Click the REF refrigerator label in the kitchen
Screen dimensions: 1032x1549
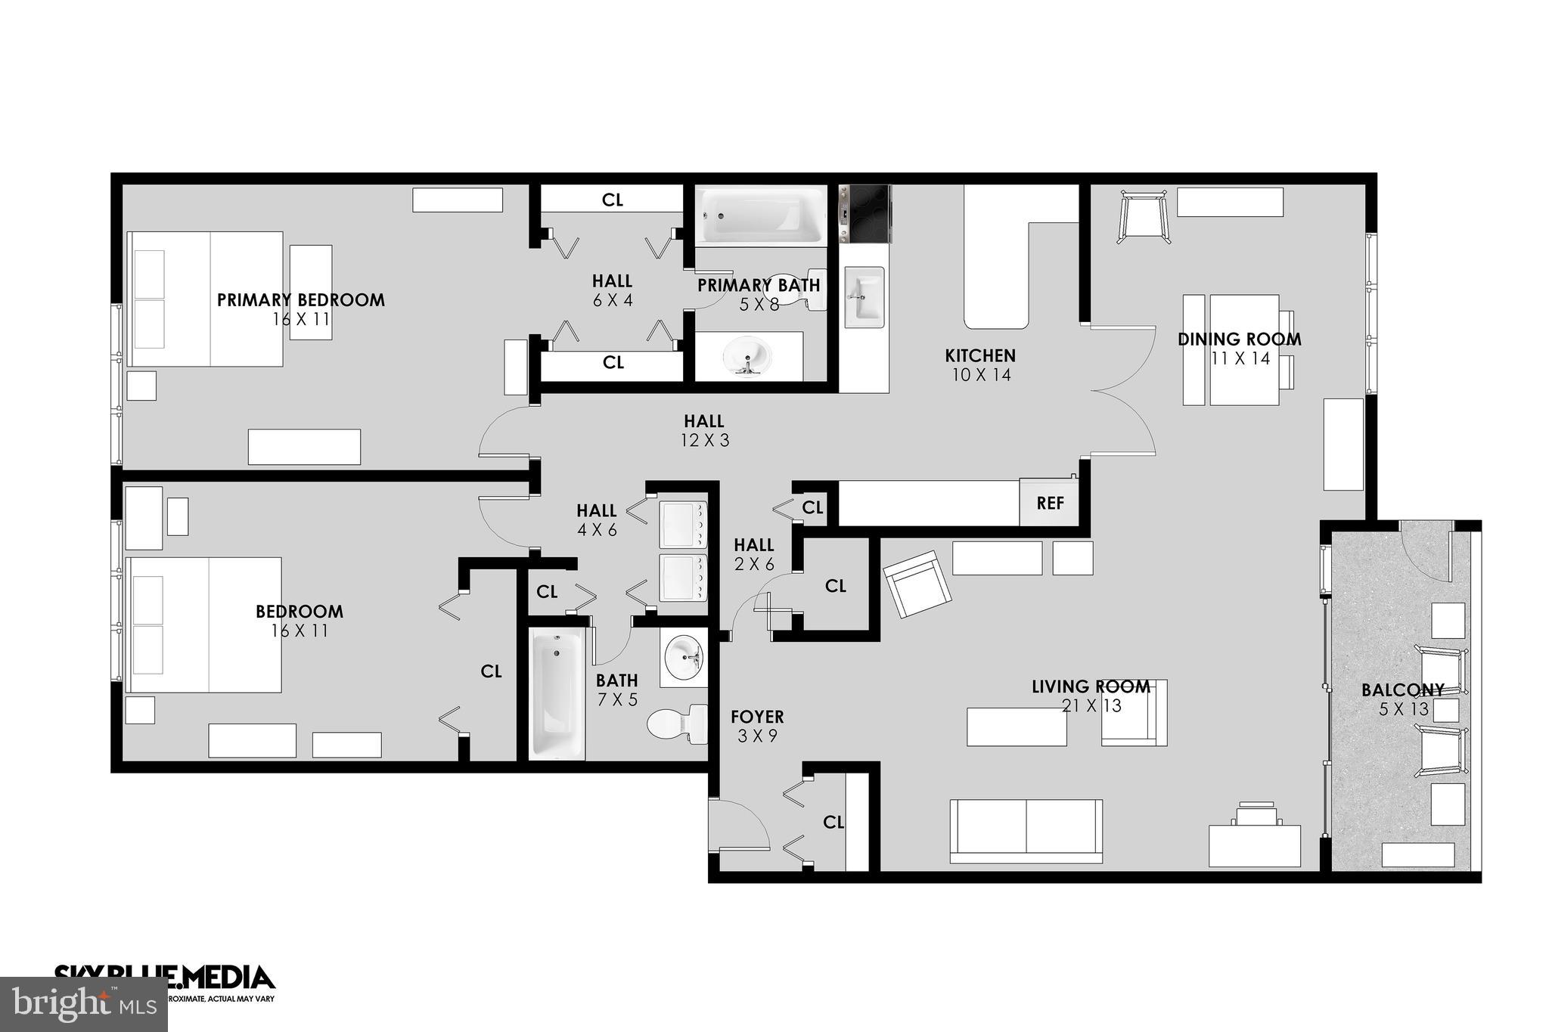coord(1050,503)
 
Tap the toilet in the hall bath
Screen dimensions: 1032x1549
coord(675,724)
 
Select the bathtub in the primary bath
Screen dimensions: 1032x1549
coord(761,215)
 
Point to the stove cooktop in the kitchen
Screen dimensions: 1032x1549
coord(865,213)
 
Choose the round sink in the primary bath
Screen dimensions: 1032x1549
coord(747,355)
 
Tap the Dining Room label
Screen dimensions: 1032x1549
coord(1239,339)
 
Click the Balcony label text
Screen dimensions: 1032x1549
coord(1402,690)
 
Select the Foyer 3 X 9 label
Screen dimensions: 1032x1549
coord(756,725)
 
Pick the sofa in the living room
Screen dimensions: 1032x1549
coord(1026,830)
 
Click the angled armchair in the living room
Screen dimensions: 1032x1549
coord(917,584)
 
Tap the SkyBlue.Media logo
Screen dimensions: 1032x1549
coord(164,978)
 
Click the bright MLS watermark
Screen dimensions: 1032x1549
coord(83,1005)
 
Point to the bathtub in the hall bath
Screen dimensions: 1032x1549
coord(557,693)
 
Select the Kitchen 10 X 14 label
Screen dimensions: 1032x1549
coord(980,364)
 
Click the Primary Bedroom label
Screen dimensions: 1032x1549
coord(301,300)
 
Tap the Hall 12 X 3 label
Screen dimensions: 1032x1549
coord(704,430)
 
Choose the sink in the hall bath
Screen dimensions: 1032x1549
coord(684,656)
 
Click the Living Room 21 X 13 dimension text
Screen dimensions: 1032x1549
coord(1091,705)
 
